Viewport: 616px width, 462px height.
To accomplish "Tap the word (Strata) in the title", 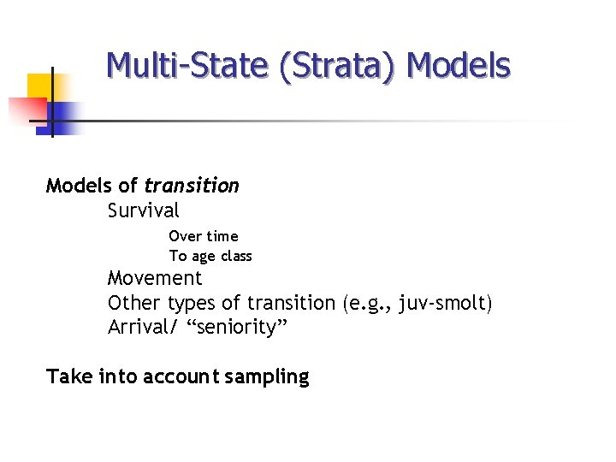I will coord(336,65).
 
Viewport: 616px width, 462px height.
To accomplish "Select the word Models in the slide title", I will coord(459,65).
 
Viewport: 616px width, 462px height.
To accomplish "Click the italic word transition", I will coord(192,186).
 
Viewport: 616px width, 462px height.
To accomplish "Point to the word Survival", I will coord(144,210).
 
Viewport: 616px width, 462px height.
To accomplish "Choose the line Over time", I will coord(204,236).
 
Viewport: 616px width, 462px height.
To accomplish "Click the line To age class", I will coord(210,256).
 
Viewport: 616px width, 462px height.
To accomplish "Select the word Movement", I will coord(155,278).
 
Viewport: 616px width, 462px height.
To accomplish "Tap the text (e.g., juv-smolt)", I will coord(418,303).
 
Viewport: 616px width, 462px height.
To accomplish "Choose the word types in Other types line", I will coord(192,303).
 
